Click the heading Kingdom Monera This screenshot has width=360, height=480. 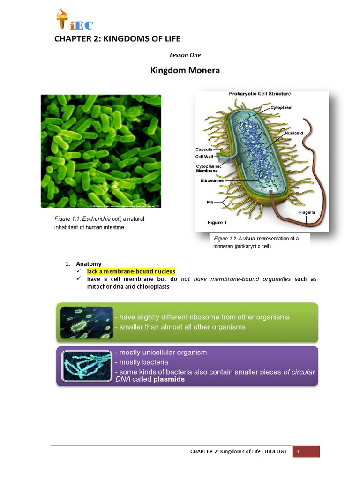click(178, 71)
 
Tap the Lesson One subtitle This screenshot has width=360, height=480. click(188, 55)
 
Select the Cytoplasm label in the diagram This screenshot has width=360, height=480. click(281, 107)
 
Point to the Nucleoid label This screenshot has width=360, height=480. click(293, 133)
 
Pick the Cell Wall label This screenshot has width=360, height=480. click(205, 157)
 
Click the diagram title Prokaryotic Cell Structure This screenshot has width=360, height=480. click(259, 94)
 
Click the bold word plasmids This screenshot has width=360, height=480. click(169, 380)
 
